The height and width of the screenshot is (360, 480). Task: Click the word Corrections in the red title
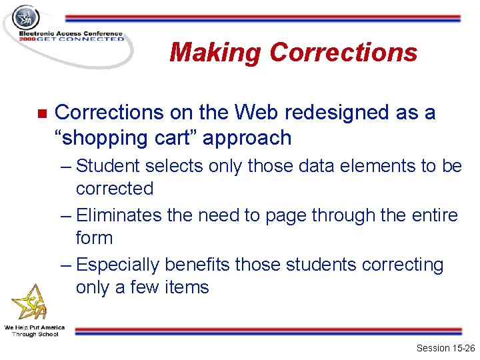[344, 52]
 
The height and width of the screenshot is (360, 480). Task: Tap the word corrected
[114, 189]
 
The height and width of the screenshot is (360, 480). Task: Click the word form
[94, 238]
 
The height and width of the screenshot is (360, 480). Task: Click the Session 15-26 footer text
[445, 348]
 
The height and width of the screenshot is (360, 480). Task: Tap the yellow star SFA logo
[30, 302]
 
